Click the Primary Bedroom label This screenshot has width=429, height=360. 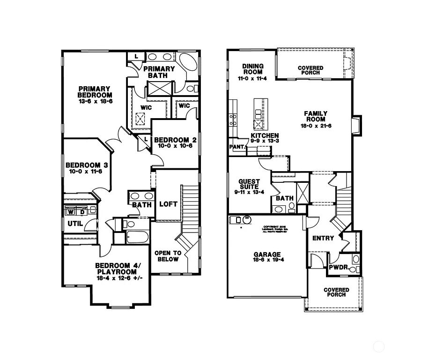pos(95,92)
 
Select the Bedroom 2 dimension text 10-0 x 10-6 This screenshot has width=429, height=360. pos(175,146)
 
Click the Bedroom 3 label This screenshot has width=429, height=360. pos(87,165)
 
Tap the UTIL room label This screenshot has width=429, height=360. pos(75,224)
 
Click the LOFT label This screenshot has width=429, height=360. pos(168,204)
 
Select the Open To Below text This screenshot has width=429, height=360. pos(168,256)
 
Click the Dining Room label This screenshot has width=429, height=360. pos(253,69)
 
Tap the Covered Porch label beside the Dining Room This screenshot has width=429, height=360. pos(310,71)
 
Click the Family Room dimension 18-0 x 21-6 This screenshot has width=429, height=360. pos(316,126)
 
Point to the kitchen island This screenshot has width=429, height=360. pos(260,115)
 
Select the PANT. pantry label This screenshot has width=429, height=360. pos(237,147)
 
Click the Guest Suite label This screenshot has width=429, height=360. pos(249,184)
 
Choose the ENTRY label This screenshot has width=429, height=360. pos(323,238)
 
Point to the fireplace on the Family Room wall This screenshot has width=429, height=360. pos(356,126)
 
